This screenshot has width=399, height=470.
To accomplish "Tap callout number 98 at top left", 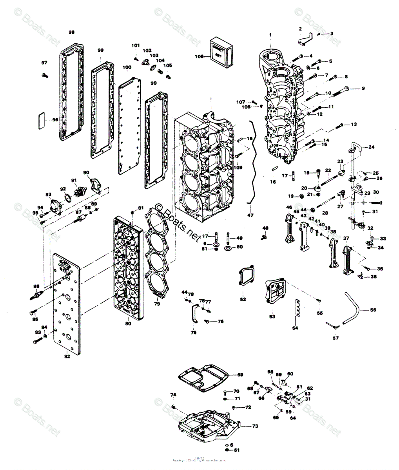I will [x=71, y=32].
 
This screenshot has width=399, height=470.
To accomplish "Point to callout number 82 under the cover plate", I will [x=67, y=356].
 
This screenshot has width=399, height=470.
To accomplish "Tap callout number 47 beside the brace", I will [x=250, y=215].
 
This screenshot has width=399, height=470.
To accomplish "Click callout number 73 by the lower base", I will [x=255, y=426].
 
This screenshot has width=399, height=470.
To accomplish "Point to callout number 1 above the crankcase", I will [x=270, y=35].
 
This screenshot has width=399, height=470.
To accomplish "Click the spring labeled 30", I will [x=377, y=202].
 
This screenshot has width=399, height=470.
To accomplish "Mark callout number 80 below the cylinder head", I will [x=128, y=324].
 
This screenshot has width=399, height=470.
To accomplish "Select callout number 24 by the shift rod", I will [x=371, y=148].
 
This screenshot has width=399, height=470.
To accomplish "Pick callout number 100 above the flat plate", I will [x=127, y=67].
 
